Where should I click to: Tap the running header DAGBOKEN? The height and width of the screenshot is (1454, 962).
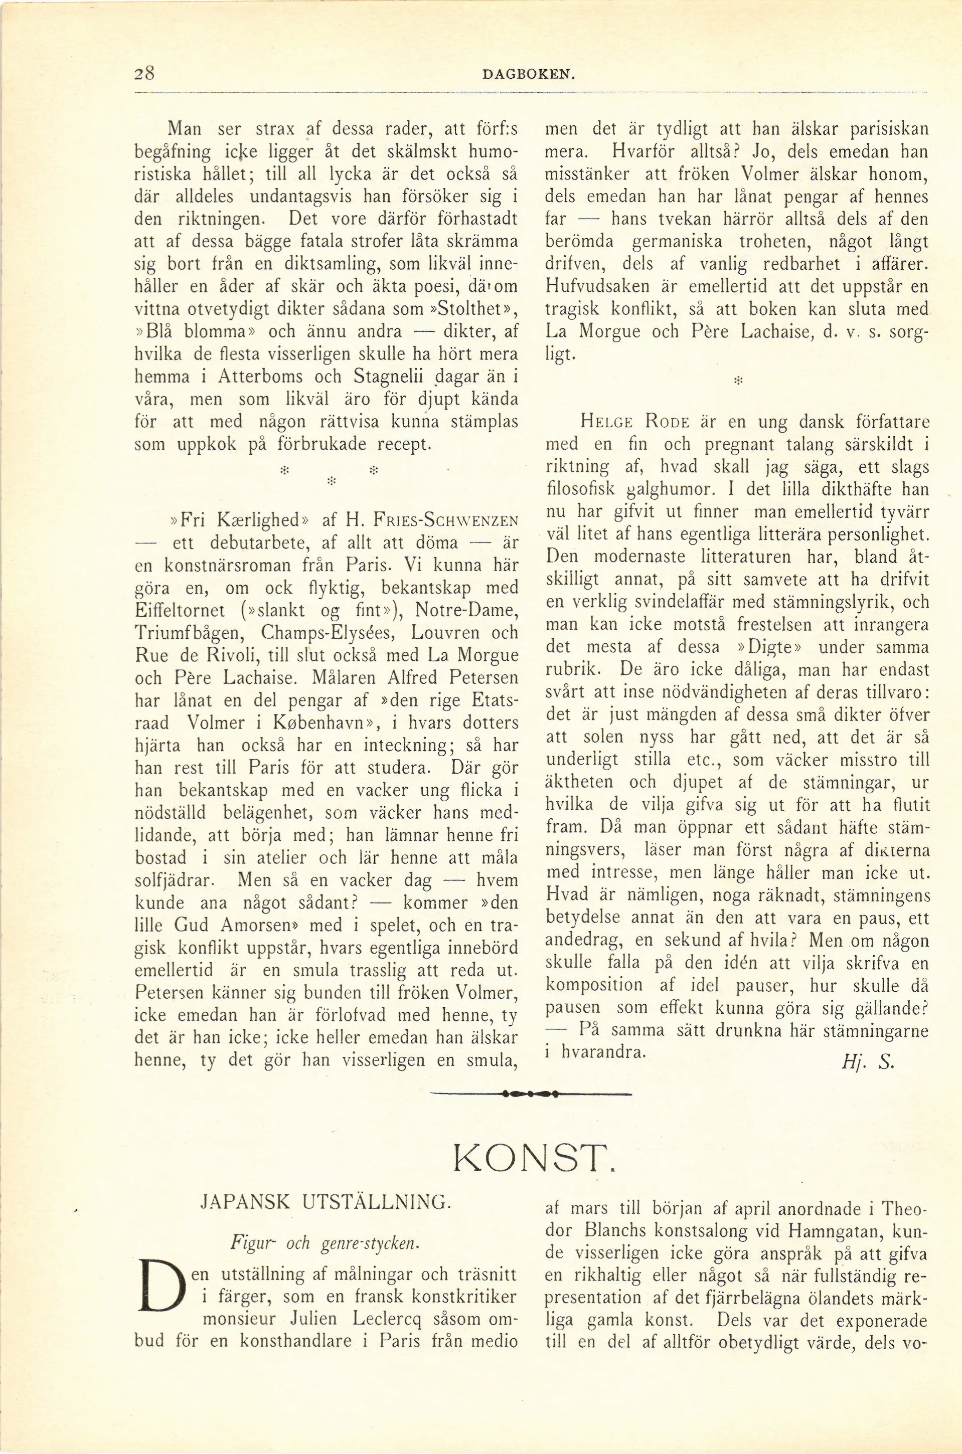click(528, 75)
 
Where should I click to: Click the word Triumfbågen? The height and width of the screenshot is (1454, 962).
click(189, 633)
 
